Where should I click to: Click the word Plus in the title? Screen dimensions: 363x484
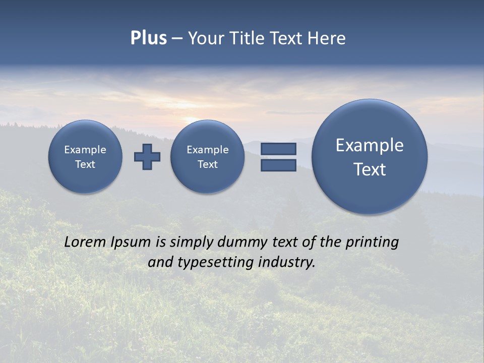pyautogui.click(x=148, y=38)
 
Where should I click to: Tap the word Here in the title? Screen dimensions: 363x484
pyautogui.click(x=327, y=38)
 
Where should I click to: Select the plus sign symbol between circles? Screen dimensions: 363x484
pyautogui.click(x=147, y=157)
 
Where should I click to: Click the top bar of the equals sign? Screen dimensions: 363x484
pyautogui.click(x=278, y=149)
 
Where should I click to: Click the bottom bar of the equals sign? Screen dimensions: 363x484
pyautogui.click(x=278, y=165)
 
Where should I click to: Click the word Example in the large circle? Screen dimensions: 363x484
pyautogui.click(x=370, y=145)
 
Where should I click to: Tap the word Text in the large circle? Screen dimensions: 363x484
pyautogui.click(x=370, y=169)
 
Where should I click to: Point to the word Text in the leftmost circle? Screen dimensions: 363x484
pyautogui.click(x=85, y=164)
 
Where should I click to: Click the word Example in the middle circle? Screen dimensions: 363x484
pyautogui.click(x=207, y=150)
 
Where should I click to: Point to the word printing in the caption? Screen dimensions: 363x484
pyautogui.click(x=372, y=243)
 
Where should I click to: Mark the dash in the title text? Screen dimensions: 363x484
pyautogui.click(x=177, y=39)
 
